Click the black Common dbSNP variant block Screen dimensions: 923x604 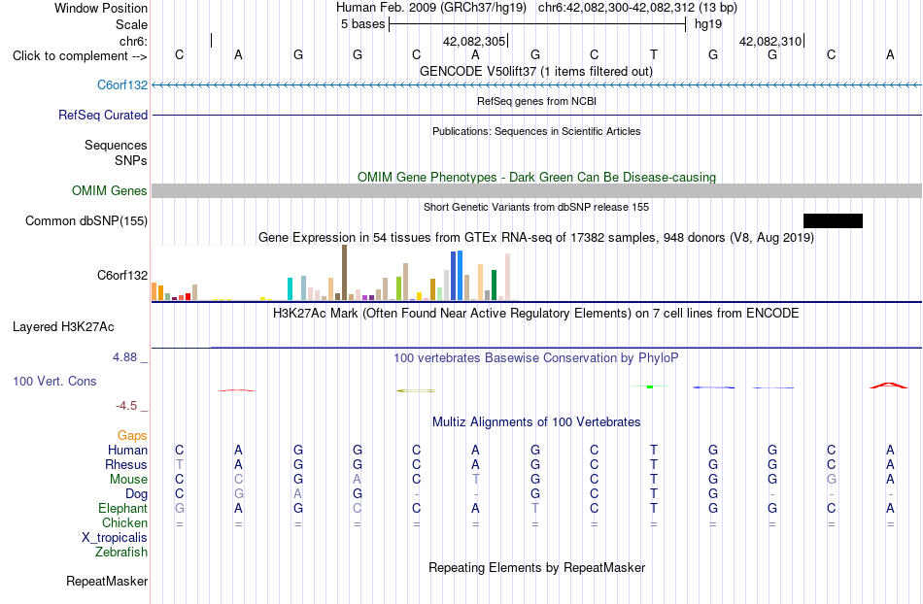833,220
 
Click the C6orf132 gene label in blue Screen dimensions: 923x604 122,85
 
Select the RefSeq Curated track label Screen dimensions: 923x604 103,116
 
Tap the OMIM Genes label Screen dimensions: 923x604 110,190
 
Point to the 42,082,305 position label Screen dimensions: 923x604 474,41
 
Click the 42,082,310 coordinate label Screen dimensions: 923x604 769,41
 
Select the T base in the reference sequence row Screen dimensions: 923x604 654,54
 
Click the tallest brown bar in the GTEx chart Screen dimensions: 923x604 344,272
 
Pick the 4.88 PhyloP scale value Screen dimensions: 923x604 124,357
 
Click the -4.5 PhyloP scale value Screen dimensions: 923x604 126,406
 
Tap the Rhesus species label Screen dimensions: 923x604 126,464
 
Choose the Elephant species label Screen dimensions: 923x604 123,508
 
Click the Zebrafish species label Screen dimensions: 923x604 121,552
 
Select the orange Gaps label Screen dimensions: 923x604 132,435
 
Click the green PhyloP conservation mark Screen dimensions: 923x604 650,386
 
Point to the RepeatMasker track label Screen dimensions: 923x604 107,581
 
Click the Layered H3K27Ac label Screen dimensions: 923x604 63,327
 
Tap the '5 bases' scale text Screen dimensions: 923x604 362,24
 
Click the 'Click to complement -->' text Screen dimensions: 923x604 80,56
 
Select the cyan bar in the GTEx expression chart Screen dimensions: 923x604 290,288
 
